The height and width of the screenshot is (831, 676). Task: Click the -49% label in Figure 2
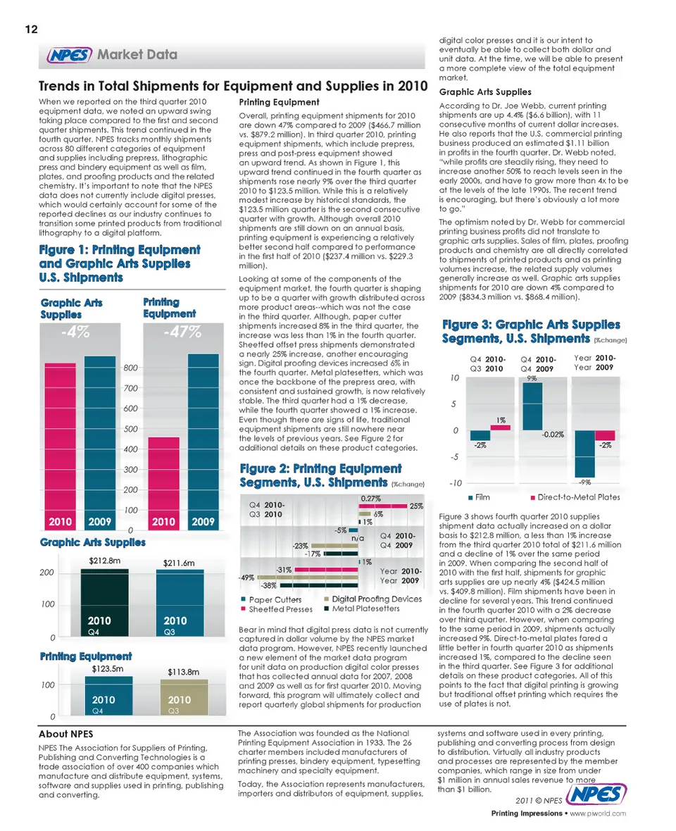[247, 577]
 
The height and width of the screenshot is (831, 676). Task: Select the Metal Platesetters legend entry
[361, 608]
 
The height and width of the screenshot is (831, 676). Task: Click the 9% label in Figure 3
[532, 379]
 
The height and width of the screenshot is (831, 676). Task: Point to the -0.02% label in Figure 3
[552, 435]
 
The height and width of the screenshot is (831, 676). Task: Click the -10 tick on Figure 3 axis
[455, 484]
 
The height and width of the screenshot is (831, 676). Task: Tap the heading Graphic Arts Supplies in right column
[484, 92]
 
